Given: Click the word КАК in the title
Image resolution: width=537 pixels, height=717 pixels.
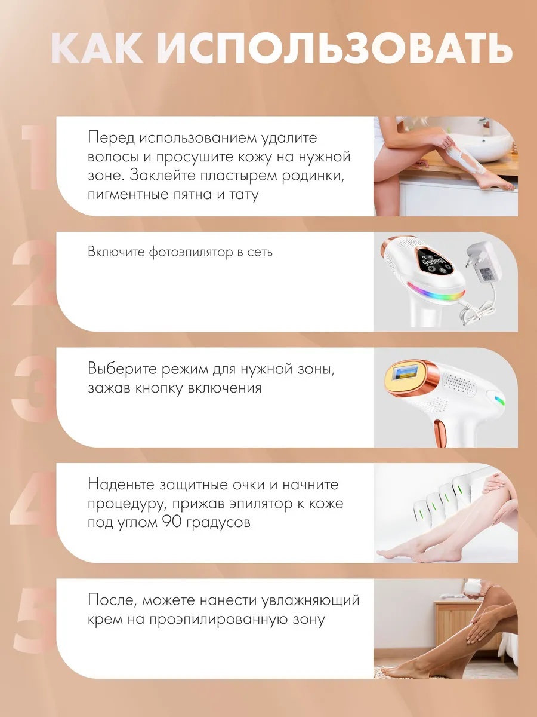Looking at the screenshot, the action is click(97, 48).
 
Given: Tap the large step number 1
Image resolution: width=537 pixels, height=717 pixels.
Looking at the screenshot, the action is click(35, 157).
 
